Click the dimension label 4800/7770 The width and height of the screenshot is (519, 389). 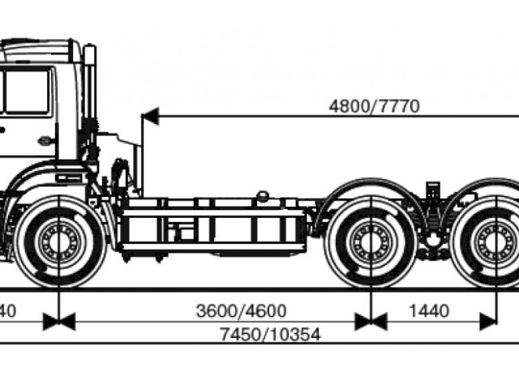tap(374, 106)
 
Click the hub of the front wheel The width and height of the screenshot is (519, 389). tap(59, 241)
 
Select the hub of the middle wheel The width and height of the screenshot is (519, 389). tap(371, 242)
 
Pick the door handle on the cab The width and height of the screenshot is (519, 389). tap(45, 140)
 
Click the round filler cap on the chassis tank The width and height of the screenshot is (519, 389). tap(262, 195)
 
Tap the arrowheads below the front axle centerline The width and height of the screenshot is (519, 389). tap(59, 322)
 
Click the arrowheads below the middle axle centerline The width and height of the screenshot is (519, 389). tap(371, 322)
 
